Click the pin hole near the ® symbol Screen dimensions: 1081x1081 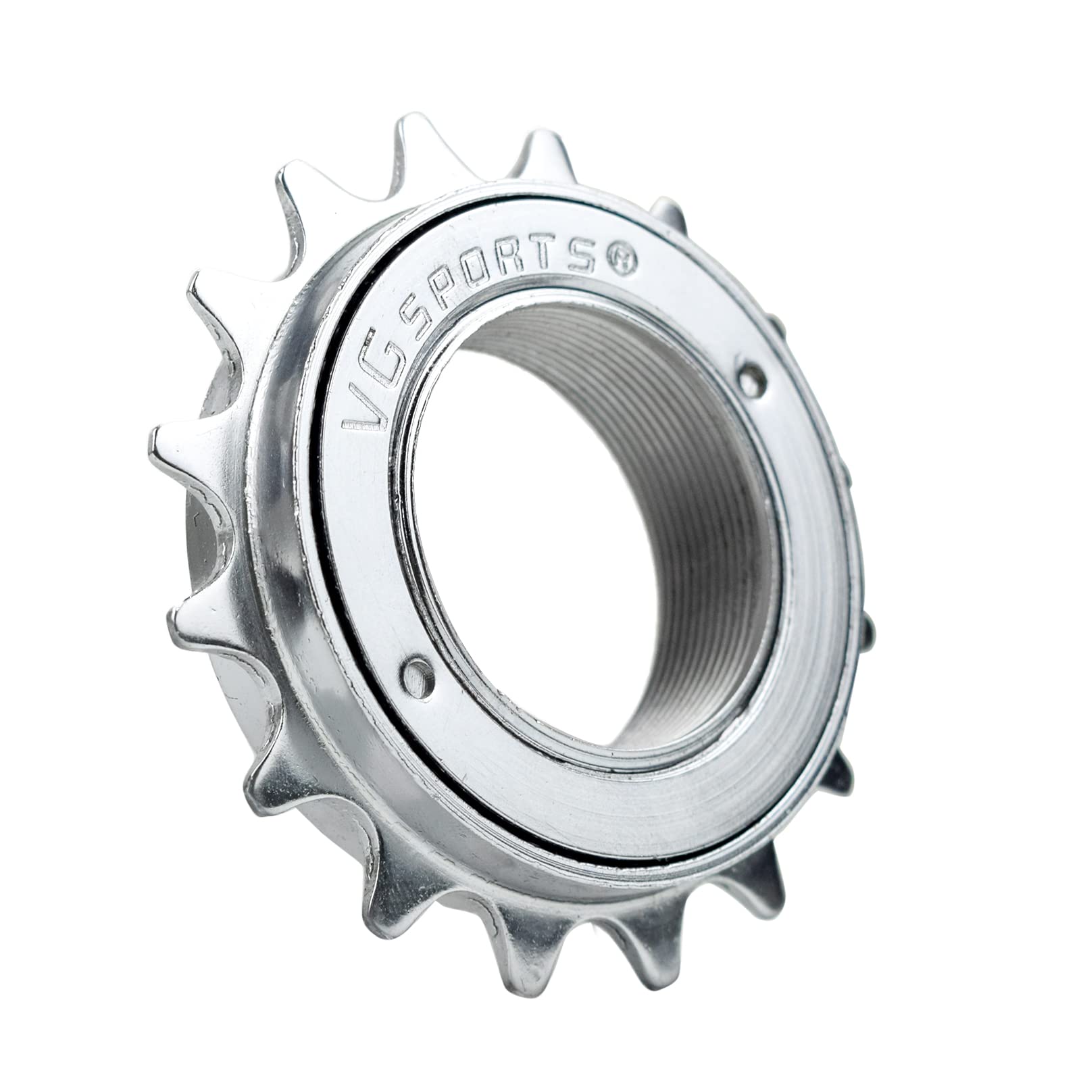[751, 380]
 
